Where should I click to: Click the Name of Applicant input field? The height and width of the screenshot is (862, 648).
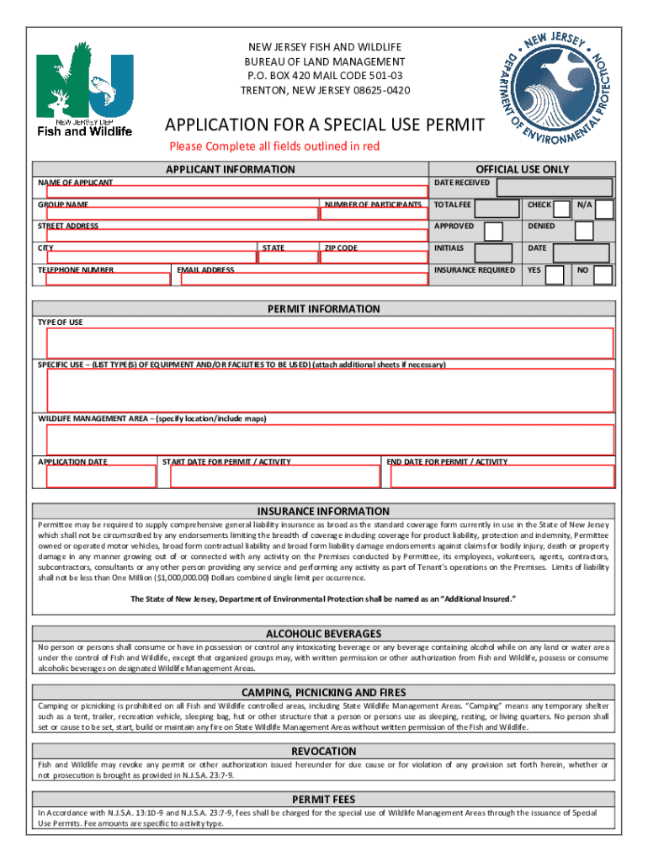236,192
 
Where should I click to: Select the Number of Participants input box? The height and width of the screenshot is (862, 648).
372,214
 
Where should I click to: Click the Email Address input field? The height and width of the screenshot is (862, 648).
301,279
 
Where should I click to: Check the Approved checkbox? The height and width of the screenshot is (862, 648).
494,231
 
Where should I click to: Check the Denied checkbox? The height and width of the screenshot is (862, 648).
583,231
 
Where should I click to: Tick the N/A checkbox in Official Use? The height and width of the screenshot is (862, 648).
604,209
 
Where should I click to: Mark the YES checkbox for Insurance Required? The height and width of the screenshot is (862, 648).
555,274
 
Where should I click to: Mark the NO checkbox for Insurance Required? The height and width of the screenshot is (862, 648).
604,274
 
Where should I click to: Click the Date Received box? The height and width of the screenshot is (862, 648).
554,187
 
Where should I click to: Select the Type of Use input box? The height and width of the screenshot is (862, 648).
330,343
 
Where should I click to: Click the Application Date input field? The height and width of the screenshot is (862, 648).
101,476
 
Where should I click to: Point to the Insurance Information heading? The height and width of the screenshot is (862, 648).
323,511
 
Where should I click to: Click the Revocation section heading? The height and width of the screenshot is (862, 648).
323,751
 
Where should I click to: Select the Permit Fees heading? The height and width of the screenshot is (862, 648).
323,799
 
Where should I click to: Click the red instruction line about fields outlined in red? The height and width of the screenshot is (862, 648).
274,146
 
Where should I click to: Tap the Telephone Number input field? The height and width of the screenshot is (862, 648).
106,279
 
